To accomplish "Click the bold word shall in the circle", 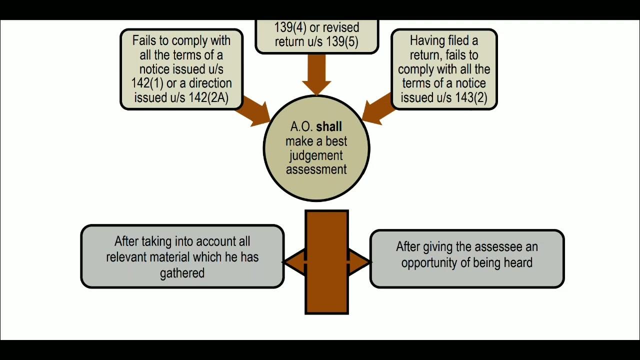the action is click(x=329, y=127).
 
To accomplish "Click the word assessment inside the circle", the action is click(x=316, y=169).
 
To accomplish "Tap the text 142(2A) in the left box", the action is click(x=208, y=97).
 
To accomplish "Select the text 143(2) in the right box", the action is click(x=471, y=97).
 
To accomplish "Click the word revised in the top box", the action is click(x=340, y=27).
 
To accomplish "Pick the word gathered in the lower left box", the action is click(x=182, y=273).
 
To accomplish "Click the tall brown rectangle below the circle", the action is click(x=326, y=290).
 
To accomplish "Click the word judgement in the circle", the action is click(x=316, y=155).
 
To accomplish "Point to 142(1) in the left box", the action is click(x=146, y=83).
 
